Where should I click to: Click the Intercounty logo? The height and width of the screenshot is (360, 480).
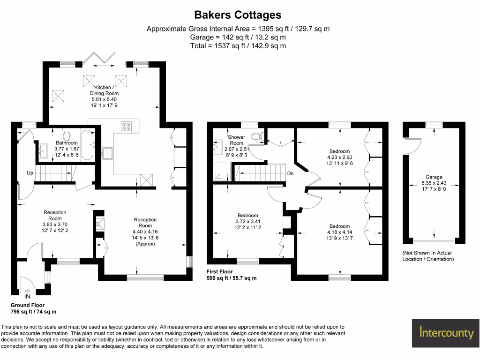click(x=446, y=333)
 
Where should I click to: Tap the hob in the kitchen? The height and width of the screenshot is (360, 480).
click(x=127, y=126)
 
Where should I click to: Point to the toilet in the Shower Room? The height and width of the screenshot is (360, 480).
click(x=257, y=136)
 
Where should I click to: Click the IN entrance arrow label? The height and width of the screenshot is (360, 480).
click(x=27, y=296)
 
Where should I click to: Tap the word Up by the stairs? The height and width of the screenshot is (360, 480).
click(x=30, y=173)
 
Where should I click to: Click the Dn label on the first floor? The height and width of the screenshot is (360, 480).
click(x=291, y=173)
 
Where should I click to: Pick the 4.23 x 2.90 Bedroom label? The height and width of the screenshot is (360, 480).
click(x=339, y=157)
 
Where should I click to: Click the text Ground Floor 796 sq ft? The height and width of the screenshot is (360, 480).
click(x=33, y=308)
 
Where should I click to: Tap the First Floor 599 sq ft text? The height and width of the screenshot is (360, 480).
click(x=232, y=275)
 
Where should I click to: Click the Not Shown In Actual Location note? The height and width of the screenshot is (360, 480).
click(x=428, y=255)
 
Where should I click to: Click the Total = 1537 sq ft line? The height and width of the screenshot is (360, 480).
click(x=238, y=46)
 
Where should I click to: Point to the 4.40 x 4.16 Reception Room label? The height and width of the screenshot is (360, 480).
click(x=145, y=232)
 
